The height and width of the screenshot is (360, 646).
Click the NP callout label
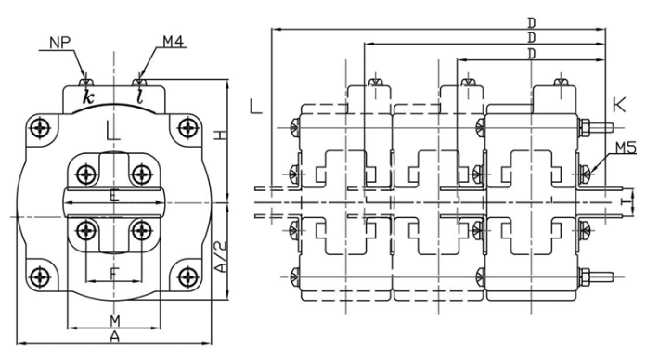(x=60, y=43)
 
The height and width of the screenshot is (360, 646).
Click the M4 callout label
(x=173, y=41)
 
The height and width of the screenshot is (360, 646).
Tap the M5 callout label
(x=627, y=148)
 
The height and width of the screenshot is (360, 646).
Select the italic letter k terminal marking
(x=88, y=96)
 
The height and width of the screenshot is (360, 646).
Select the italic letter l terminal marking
(x=140, y=96)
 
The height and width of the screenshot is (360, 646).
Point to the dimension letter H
(x=221, y=135)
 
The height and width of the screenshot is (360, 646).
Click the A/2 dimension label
(x=221, y=257)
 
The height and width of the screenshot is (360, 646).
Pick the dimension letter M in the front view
(x=115, y=320)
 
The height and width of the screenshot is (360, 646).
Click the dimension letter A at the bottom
(x=115, y=337)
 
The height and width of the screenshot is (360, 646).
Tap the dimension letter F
(x=114, y=274)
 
